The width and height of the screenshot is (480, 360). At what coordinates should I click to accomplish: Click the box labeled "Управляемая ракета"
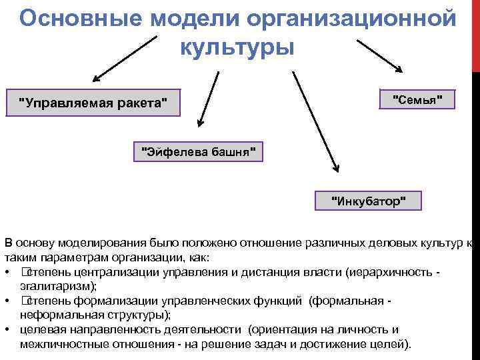(x=93, y=103)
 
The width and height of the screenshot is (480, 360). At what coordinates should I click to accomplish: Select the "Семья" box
(x=417, y=99)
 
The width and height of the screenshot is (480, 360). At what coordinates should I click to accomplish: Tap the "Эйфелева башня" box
(x=199, y=151)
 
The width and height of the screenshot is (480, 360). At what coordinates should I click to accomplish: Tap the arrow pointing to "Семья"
(x=380, y=55)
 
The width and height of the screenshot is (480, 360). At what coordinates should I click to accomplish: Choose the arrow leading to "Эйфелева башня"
(x=208, y=97)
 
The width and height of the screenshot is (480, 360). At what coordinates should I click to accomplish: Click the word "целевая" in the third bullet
(x=39, y=329)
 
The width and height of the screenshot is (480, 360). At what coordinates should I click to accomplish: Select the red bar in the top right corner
(x=475, y=33)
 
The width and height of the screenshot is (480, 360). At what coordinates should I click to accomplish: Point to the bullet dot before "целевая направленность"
(x=6, y=330)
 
